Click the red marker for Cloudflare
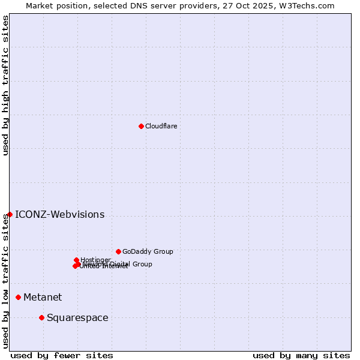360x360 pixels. tap(141, 126)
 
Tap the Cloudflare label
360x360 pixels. tap(161, 126)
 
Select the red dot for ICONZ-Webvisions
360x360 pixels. tap(10, 214)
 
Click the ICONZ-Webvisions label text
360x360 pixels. tap(59, 214)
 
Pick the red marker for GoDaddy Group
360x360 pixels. tap(118, 251)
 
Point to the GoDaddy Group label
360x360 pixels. tap(148, 251)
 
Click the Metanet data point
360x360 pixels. tap(19, 297)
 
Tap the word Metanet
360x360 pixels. tap(43, 297)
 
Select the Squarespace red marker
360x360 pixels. tap(41, 317)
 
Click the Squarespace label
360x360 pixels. tap(77, 317)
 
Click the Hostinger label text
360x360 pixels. tap(96, 260)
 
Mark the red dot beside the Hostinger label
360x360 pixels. tap(76, 260)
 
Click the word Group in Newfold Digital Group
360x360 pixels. tap(142, 264)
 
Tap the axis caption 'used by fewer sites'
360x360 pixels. tap(62, 355)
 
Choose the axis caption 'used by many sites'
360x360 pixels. tap(301, 355)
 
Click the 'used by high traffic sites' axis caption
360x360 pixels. tap(5, 85)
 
